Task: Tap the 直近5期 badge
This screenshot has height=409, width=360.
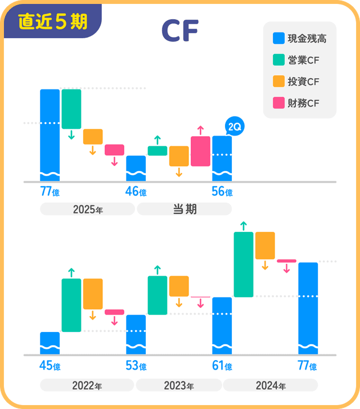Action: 52,21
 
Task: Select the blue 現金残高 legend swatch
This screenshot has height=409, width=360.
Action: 278,38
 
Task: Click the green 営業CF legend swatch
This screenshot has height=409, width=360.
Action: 278,60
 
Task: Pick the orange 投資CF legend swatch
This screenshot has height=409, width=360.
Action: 278,81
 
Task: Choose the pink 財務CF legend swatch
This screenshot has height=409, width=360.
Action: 278,102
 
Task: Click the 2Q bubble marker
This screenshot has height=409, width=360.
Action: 233,127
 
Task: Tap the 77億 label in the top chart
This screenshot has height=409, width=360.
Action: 49,192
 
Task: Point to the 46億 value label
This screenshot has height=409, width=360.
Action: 136,192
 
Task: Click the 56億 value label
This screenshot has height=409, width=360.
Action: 222,192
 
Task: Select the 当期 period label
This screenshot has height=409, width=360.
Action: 184,209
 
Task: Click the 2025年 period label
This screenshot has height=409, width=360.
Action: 87,209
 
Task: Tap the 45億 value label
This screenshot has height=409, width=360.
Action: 49,366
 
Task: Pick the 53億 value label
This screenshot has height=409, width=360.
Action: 136,366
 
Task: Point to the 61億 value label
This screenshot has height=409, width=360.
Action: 222,366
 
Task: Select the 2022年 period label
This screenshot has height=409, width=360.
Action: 87,386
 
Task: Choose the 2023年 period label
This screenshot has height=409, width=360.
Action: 178,386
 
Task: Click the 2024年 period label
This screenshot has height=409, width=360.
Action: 270,386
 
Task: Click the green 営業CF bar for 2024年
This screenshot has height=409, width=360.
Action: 244,264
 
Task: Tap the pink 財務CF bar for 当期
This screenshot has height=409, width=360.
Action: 200,151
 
